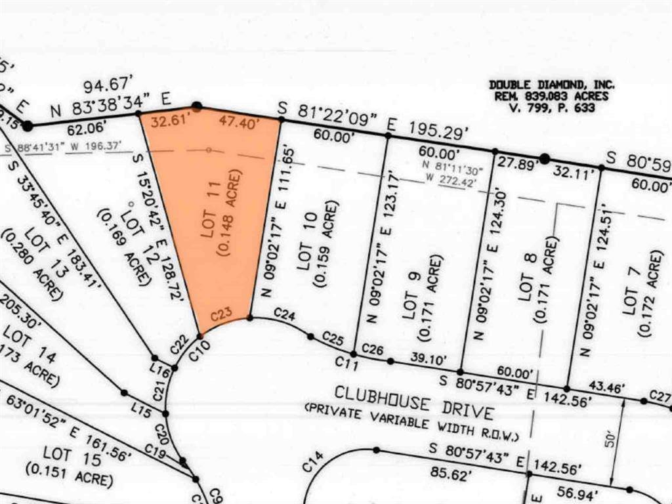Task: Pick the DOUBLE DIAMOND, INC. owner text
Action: click(x=552, y=84)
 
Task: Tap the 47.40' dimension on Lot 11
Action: click(x=240, y=123)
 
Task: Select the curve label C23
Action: click(x=222, y=315)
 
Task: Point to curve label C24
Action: click(x=283, y=314)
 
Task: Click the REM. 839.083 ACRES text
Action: click(x=552, y=96)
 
